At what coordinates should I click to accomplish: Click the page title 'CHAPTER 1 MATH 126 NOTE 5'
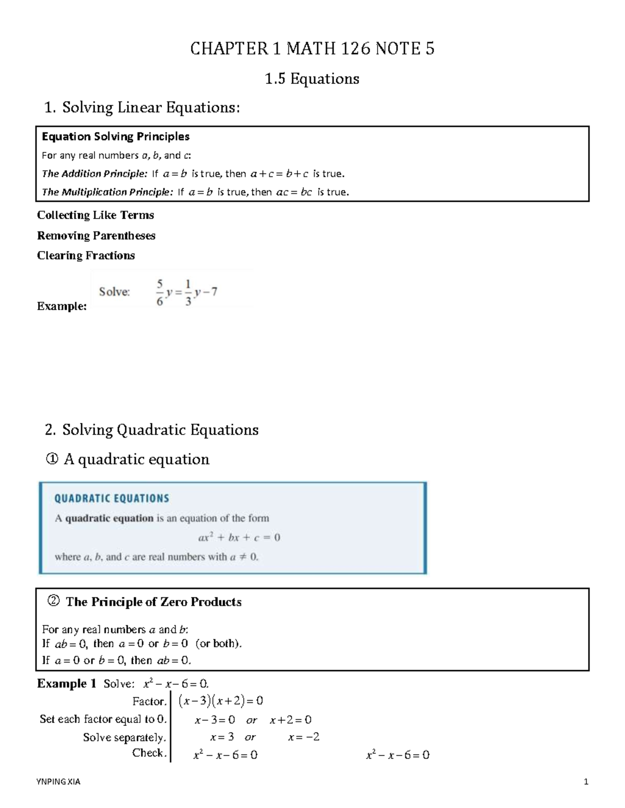[312, 48]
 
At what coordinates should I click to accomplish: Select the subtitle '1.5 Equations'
[312, 79]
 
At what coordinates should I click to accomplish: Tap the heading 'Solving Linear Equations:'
[151, 107]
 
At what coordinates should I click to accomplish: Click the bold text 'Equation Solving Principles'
[115, 136]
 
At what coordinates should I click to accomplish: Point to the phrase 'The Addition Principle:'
[95, 173]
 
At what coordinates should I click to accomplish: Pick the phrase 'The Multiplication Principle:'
[107, 192]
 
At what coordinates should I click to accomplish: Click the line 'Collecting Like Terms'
[95, 215]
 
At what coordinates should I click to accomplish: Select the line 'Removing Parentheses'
[96, 235]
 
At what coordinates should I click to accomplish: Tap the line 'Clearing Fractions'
[86, 255]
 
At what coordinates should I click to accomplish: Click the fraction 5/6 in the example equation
[160, 292]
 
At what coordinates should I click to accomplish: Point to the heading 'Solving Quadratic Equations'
[160, 430]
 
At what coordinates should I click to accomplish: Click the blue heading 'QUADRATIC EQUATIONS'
[111, 498]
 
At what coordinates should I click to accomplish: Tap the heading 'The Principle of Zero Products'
[154, 602]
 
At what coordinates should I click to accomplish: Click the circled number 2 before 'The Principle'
[53, 601]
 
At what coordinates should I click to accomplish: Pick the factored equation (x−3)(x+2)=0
[220, 701]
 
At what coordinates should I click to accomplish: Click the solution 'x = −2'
[304, 737]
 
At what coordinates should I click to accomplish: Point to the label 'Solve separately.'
[124, 737]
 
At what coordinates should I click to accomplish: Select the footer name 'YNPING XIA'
[58, 781]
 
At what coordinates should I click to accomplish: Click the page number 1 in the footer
[586, 781]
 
